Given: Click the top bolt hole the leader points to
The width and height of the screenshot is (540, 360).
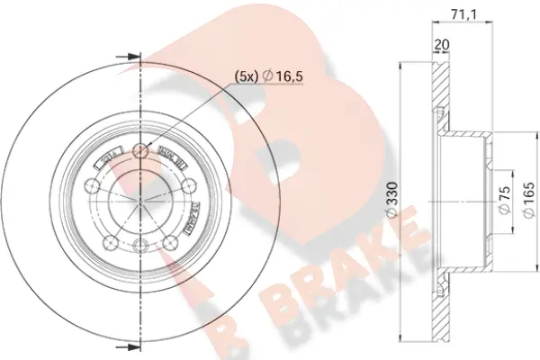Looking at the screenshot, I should (139, 150).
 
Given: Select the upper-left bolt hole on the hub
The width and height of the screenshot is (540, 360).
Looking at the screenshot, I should (91, 185).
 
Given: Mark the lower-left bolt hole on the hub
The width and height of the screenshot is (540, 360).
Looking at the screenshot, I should (109, 241).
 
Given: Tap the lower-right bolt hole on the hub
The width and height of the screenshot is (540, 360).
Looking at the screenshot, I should (170, 241).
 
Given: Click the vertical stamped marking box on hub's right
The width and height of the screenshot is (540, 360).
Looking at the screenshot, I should (193, 217).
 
